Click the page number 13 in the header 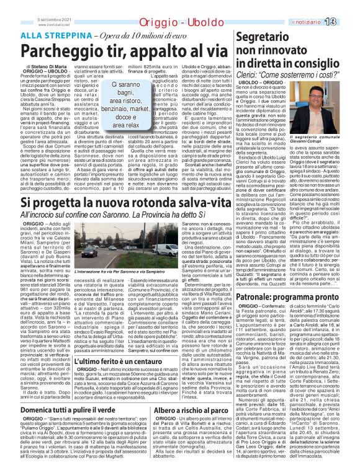coord(347,6)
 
